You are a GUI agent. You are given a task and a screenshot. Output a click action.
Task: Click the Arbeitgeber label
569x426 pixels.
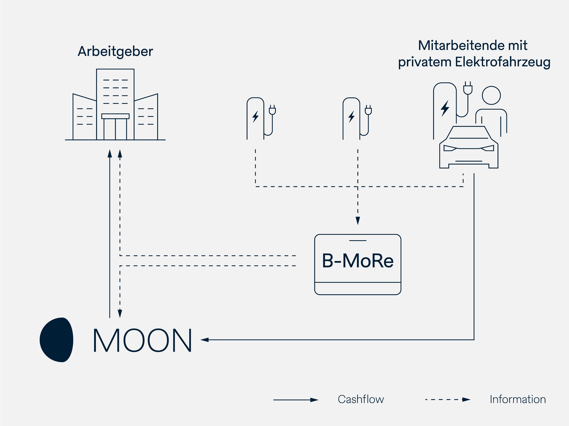tap(115, 51)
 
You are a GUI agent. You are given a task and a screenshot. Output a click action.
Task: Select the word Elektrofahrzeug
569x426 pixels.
tap(503, 62)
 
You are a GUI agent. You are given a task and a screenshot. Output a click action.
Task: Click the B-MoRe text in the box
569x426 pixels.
tap(358, 261)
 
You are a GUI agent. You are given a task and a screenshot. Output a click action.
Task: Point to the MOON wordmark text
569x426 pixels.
tap(142, 340)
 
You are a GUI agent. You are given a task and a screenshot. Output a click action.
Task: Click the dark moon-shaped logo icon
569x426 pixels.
tap(57, 340)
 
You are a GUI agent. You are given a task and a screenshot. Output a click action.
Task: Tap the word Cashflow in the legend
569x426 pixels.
tap(361, 399)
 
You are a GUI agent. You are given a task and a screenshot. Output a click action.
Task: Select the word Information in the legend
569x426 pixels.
tap(518, 399)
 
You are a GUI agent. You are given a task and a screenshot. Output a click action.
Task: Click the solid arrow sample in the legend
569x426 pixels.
tap(296, 400)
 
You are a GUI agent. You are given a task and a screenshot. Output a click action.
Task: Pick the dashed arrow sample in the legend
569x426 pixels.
tap(448, 400)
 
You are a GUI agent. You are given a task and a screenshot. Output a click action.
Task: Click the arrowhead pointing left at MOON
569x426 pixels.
tap(205, 340)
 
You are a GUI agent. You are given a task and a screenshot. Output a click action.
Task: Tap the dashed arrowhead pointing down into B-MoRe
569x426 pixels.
tap(358, 221)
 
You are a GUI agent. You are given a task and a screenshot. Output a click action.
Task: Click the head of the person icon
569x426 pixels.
tap(491, 95)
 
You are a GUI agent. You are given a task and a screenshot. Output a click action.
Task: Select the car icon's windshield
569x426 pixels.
tap(469, 132)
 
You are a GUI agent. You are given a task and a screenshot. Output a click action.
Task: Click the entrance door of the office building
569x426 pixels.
tap(115, 129)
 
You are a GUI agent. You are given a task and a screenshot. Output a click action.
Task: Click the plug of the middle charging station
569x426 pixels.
tap(368, 110)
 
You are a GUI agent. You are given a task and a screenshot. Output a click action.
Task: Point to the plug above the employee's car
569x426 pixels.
tap(468, 88)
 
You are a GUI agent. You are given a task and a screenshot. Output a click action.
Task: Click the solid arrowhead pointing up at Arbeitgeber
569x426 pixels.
tap(110, 154)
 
